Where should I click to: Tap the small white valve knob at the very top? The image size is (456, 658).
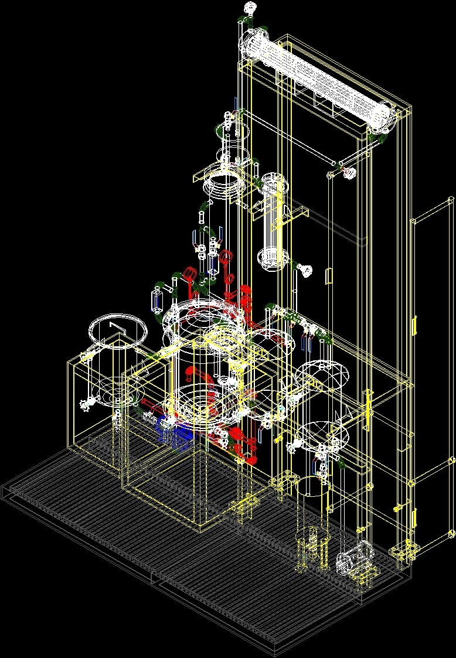pos(251,8)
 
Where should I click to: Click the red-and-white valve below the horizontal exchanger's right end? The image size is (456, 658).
pos(349,172)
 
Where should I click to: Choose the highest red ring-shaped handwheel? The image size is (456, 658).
pos(189,273)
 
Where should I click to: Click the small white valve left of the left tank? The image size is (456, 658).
pos(88,404)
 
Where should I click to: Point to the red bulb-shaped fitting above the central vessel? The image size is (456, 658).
pos(245,291)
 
